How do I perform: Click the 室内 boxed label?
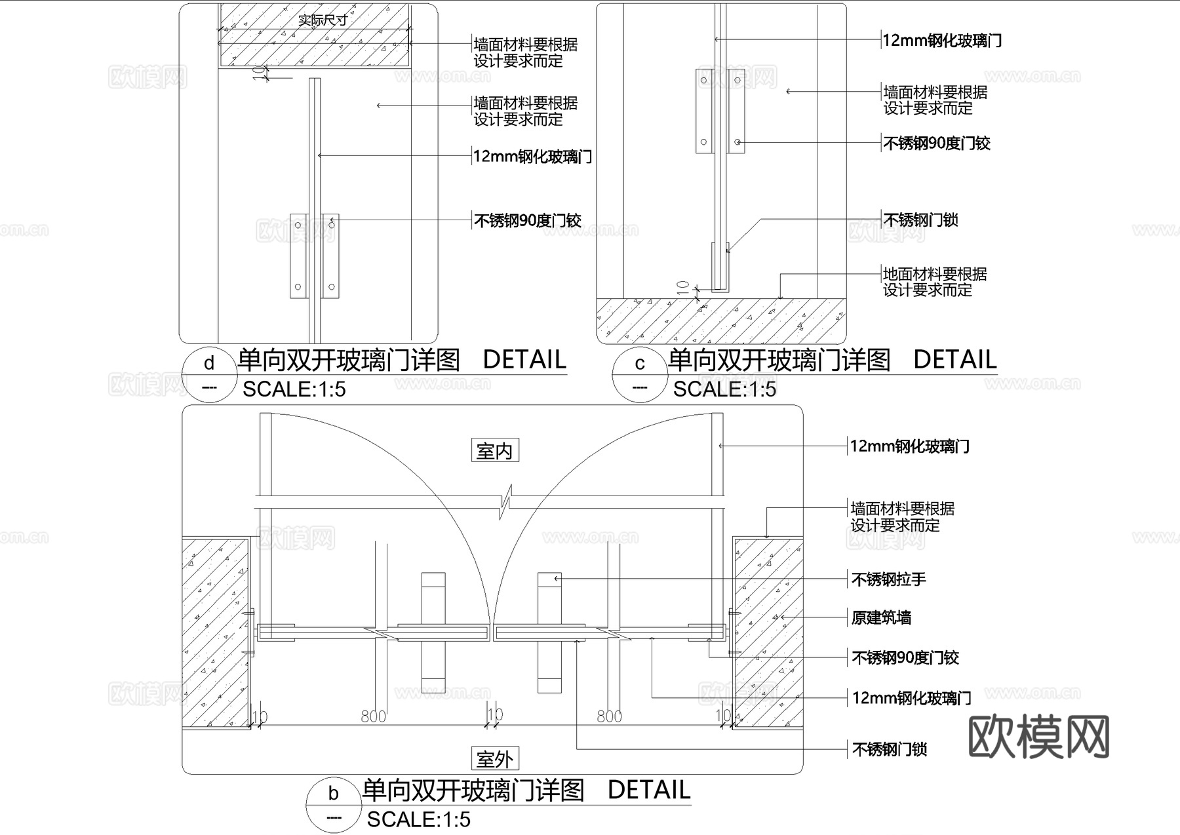pyautogui.click(x=495, y=450)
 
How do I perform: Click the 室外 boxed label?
pyautogui.click(x=495, y=759)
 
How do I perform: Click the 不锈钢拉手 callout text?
pyautogui.click(x=888, y=579)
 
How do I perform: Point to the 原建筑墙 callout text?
pyautogui.click(x=881, y=617)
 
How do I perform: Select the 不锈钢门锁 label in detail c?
pyautogui.click(x=920, y=220)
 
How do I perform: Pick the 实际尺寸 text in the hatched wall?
pyautogui.click(x=323, y=20)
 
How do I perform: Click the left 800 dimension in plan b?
pyautogui.click(x=374, y=716)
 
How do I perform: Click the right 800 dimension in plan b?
pyautogui.click(x=609, y=716)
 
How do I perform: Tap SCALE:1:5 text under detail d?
pyautogui.click(x=294, y=389)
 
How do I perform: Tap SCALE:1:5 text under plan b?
pyautogui.click(x=419, y=819)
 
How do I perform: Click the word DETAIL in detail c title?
pyautogui.click(x=954, y=360)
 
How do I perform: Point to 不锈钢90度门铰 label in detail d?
pyautogui.click(x=528, y=220)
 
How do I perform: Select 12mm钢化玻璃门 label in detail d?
pyautogui.click(x=532, y=157)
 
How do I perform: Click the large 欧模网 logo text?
pyautogui.click(x=1038, y=737)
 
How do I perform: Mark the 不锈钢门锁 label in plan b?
pyautogui.click(x=889, y=749)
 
